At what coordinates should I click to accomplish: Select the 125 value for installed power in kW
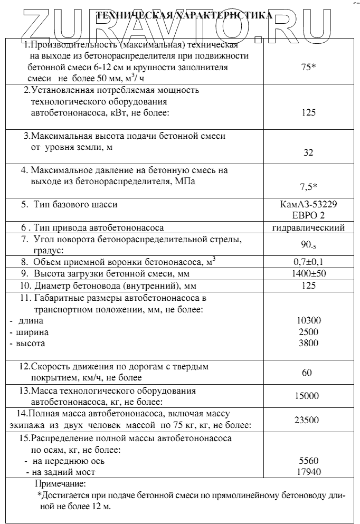tap(309, 112)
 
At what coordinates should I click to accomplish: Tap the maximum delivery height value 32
tap(309, 153)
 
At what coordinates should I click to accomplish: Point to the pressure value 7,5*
tap(309, 186)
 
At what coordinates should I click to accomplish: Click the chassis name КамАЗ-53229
tap(309, 204)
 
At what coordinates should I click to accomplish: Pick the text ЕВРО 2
tap(309, 215)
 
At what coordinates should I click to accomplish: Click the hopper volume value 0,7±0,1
tap(309, 262)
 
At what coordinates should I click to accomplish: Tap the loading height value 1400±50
tap(309, 274)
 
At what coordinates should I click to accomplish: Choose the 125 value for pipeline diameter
tap(309, 286)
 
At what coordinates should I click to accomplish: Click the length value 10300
tap(309, 320)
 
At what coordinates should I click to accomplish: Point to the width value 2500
tap(309, 332)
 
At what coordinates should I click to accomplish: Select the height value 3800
tap(309, 343)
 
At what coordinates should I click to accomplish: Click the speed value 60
tap(307, 373)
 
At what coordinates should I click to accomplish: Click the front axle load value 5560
tap(309, 460)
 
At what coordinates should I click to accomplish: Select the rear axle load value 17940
tap(309, 472)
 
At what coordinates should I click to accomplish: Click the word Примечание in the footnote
tap(60, 483)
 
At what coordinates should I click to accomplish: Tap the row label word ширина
tap(33, 332)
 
